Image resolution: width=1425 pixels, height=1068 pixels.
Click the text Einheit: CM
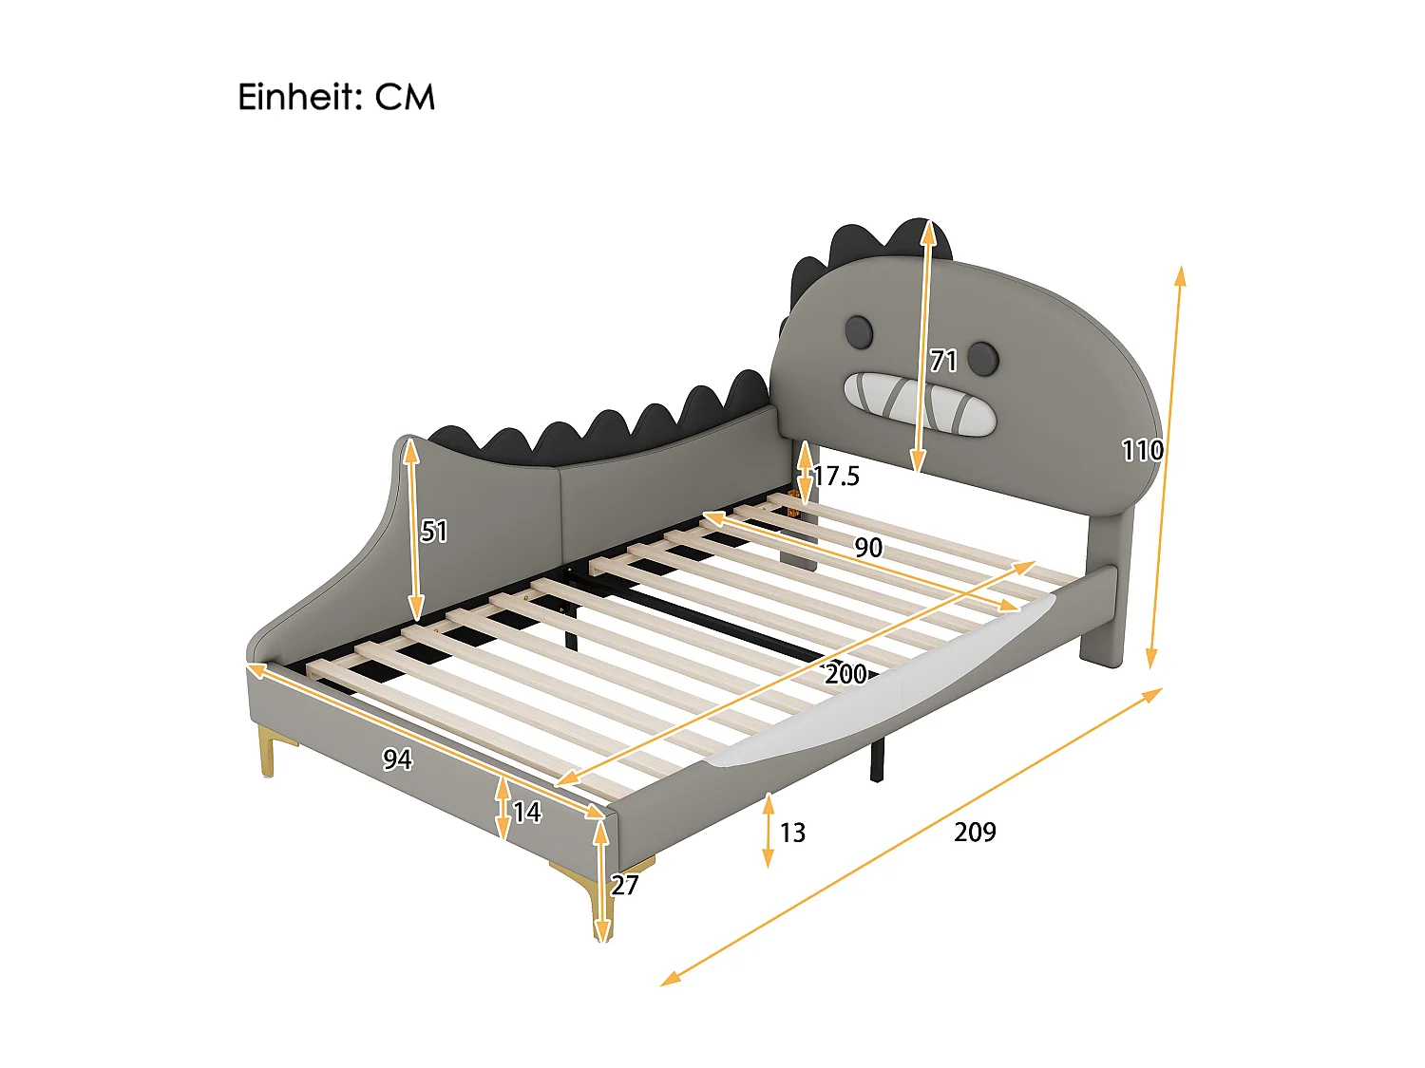coord(336,97)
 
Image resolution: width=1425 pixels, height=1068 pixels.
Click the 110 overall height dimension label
coord(1141,449)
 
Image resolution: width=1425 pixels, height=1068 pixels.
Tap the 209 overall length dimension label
coord(975,832)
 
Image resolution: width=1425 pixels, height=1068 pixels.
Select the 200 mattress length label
coord(845,674)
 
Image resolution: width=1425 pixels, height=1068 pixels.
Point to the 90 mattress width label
coord(868,548)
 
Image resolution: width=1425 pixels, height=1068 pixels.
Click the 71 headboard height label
coord(943,361)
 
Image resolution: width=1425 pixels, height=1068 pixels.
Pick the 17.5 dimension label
coord(837,476)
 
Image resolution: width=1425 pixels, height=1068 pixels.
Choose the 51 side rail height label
coord(434,531)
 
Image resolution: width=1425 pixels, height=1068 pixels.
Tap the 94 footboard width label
coord(397,759)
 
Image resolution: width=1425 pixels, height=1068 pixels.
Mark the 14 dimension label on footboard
coord(526,812)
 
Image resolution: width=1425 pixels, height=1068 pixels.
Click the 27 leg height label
coord(624,885)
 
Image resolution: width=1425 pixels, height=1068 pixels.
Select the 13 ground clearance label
coord(792,833)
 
